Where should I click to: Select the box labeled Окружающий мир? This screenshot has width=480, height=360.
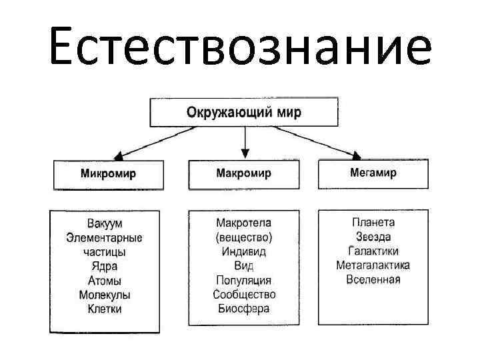(x=243, y=112)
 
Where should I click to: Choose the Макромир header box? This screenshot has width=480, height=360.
(x=243, y=173)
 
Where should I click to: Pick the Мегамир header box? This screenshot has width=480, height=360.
(x=373, y=173)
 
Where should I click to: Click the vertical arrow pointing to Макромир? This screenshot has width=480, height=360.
(x=245, y=141)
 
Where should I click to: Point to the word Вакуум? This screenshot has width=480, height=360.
(x=105, y=223)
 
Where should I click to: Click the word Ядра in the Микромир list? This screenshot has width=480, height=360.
(x=105, y=267)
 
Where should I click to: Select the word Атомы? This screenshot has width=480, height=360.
(x=105, y=281)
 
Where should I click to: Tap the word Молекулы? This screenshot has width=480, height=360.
(x=105, y=295)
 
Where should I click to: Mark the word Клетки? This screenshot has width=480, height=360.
(x=105, y=309)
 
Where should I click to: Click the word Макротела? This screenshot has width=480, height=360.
(x=244, y=223)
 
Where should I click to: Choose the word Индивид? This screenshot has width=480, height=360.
(x=244, y=251)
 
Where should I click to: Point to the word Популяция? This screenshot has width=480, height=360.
(x=244, y=280)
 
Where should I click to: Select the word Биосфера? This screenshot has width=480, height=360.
(x=244, y=308)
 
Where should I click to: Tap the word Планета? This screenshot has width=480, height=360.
(x=373, y=222)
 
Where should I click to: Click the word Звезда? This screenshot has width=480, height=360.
(x=373, y=237)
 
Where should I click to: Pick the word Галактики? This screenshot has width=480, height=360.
(x=373, y=251)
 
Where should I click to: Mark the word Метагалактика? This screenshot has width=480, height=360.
(x=373, y=265)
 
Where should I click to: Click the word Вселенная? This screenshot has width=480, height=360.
(x=373, y=279)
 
